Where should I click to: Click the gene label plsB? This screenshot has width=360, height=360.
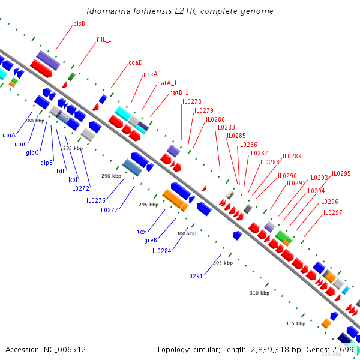[x=79, y=23]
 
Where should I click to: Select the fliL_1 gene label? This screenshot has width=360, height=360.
[x=104, y=40]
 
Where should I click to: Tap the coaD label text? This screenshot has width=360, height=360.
[x=136, y=62]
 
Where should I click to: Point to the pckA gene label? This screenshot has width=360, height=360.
[x=151, y=74]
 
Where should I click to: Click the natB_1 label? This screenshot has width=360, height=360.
[x=178, y=92]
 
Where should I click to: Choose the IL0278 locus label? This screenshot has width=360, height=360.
[x=192, y=101]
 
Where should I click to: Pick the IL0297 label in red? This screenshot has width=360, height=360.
[x=333, y=212]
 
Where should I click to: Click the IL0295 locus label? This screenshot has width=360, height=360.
[x=341, y=173]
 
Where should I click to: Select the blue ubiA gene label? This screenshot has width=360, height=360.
[x=9, y=135]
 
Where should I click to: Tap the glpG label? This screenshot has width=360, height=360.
[x=32, y=152]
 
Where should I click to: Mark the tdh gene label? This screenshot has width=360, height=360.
[x=61, y=171]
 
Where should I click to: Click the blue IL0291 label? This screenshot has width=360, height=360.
[x=193, y=276]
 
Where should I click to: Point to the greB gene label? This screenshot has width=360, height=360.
[x=151, y=240]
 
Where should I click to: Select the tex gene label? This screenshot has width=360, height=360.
[x=142, y=231]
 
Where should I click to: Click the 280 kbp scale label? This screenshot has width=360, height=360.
[x=34, y=121]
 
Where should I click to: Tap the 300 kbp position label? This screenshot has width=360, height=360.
[x=186, y=233]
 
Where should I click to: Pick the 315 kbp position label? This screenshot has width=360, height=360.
[x=295, y=323]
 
